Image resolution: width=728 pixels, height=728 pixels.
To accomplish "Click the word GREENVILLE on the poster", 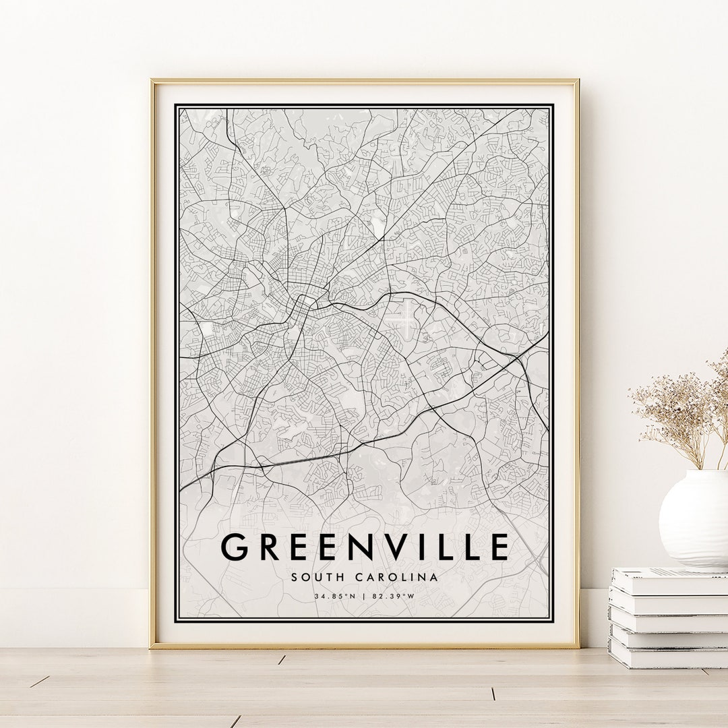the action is pyautogui.click(x=365, y=547).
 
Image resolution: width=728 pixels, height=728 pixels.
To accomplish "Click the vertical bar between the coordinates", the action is pyautogui.click(x=364, y=596).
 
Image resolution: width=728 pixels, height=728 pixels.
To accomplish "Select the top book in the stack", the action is pyautogui.click(x=670, y=582).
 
